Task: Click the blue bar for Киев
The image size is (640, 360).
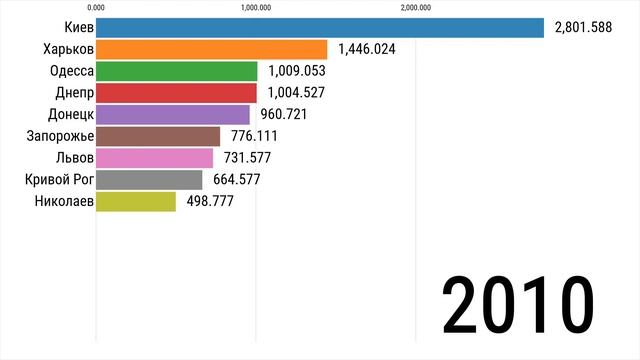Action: tap(320, 28)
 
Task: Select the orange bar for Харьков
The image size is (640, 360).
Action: tap(212, 50)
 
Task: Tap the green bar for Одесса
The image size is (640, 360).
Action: tap(177, 71)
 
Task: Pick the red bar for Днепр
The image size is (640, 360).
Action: tap(177, 93)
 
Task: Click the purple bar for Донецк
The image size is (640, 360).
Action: tap(173, 115)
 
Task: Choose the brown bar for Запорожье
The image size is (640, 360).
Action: tap(158, 136)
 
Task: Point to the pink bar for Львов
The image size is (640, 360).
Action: tap(155, 158)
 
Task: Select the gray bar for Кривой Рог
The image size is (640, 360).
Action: tap(149, 180)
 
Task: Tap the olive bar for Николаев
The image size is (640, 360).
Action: tap(136, 201)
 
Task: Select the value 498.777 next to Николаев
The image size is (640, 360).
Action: tap(210, 201)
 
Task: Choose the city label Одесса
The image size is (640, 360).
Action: tap(71, 71)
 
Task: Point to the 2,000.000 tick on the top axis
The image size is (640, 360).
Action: tap(416, 8)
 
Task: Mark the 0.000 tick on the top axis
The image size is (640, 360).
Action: tap(97, 8)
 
